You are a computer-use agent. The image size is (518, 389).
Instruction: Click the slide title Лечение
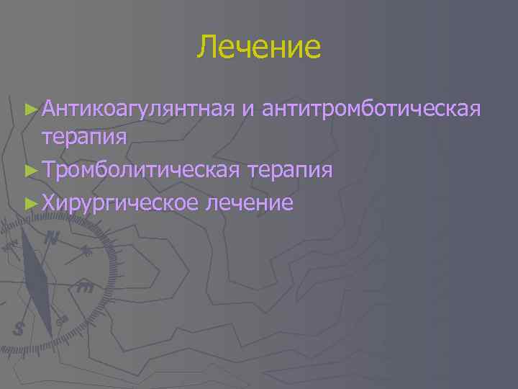click(x=259, y=47)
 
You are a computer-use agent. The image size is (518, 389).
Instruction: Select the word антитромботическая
click(x=371, y=109)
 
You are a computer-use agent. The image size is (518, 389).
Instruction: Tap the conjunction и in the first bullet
click(x=248, y=109)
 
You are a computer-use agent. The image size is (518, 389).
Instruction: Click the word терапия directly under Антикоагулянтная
click(x=85, y=136)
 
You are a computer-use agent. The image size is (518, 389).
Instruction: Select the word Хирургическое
click(x=119, y=202)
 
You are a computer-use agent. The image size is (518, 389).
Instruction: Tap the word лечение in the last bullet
click(x=249, y=202)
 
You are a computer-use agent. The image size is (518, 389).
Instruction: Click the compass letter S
click(x=19, y=328)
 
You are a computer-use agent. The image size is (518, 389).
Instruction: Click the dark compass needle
click(x=38, y=281)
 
